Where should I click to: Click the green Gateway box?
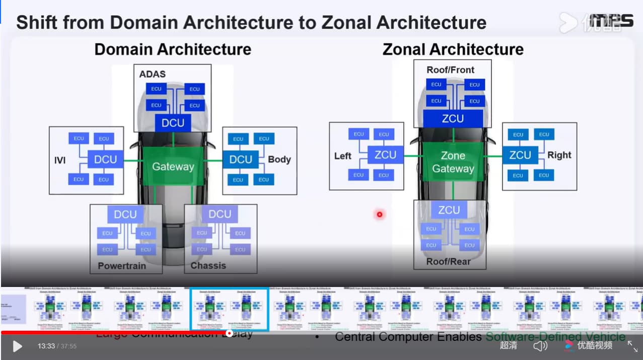[173, 166]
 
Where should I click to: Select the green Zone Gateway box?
[453, 162]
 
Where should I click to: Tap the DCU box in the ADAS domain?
[173, 123]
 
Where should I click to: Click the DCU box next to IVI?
[105, 159]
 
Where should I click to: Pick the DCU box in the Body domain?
[241, 159]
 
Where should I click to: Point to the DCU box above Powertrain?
[125, 214]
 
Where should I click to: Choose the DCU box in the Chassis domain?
[220, 214]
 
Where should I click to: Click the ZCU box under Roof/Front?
[453, 118]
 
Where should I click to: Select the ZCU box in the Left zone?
[385, 155]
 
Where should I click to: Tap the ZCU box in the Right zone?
[520, 155]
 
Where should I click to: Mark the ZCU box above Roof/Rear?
[449, 209]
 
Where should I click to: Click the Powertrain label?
[122, 265]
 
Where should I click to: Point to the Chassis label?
[208, 265]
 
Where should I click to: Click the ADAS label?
[153, 74]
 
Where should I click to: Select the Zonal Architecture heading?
[453, 49]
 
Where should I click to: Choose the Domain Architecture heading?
[173, 49]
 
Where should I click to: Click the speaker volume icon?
[540, 346]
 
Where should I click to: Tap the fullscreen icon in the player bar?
[632, 346]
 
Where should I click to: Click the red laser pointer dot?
[380, 214]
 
